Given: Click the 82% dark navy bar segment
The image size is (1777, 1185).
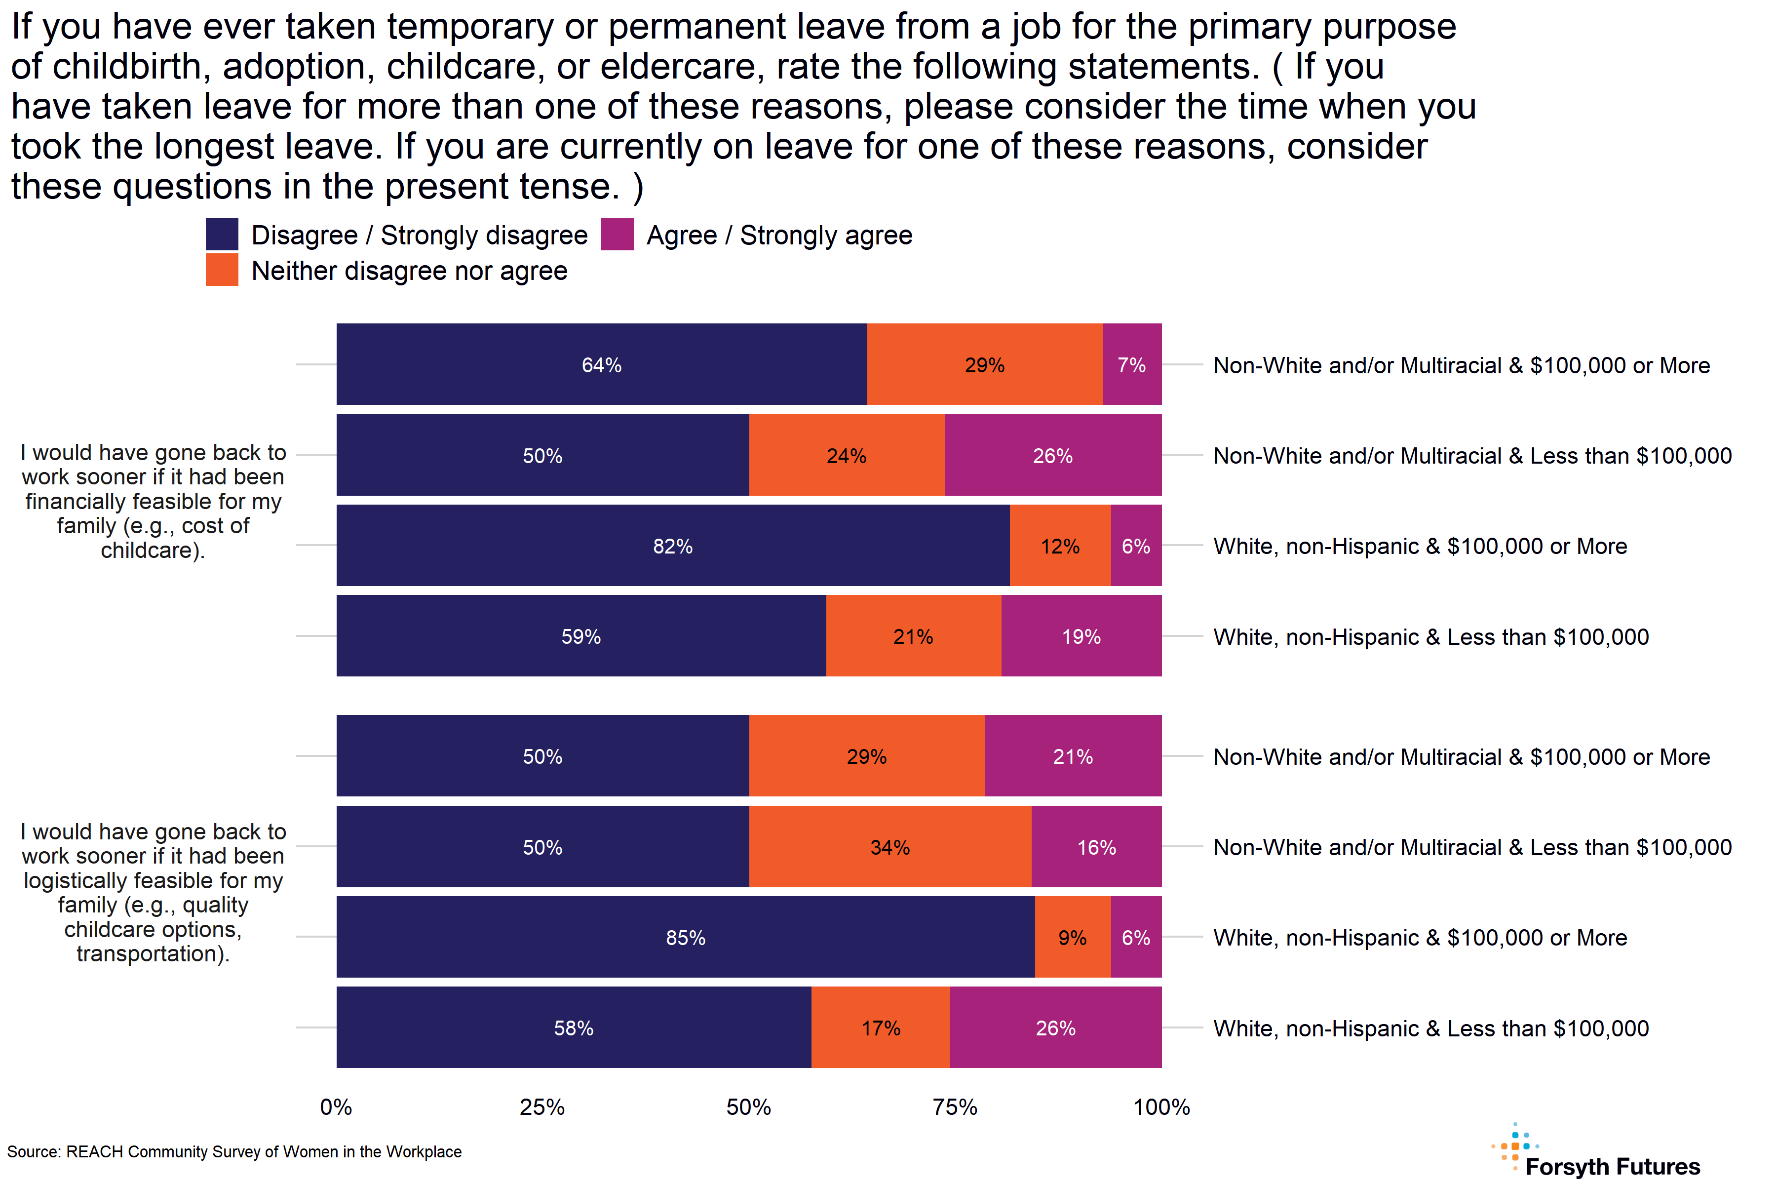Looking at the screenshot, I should tap(672, 546).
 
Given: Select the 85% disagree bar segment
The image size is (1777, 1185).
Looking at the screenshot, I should tap(685, 937).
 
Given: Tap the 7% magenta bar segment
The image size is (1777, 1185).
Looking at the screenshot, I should tap(1132, 365).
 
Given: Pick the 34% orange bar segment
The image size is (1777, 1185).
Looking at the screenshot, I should tap(890, 847).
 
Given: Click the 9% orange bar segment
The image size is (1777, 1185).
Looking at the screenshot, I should tap(1072, 937).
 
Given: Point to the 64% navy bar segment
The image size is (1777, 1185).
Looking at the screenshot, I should tap(601, 365).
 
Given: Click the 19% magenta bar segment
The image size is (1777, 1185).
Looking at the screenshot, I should tap(1081, 636).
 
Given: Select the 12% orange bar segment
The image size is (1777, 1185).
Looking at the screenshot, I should tap(1060, 546).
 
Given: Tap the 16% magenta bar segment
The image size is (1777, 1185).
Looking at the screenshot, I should tap(1096, 847).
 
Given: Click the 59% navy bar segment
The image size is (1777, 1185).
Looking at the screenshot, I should tap(581, 636).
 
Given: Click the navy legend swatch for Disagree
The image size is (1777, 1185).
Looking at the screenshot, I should tap(222, 234).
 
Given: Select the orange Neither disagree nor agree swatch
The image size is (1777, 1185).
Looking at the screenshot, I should tap(222, 270).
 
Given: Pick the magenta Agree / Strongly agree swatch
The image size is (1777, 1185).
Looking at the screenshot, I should tap(618, 234).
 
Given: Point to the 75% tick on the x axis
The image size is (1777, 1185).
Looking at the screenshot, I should tap(955, 1107).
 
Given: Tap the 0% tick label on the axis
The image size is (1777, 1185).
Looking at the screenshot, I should tap(336, 1107).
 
